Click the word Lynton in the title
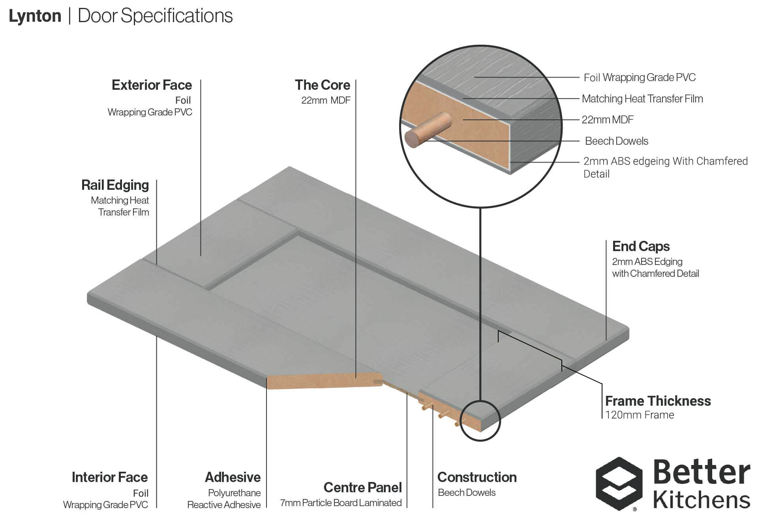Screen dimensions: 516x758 coord(35,16)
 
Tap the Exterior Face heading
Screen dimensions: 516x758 coord(152,85)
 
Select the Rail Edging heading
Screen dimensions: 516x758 coord(115,185)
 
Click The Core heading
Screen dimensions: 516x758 coord(322,85)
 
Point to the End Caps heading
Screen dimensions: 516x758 coord(641,246)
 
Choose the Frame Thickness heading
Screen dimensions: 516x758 coord(658,401)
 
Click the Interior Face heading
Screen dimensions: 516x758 coord(110,477)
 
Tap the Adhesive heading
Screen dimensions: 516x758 coord(233,477)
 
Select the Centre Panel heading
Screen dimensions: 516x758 coord(362,488)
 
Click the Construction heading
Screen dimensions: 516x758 coord(477,477)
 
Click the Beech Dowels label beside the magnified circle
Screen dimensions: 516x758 coord(617,141)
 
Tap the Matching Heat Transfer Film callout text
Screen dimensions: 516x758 coord(642,99)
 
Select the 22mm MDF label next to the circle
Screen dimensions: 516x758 coord(608,120)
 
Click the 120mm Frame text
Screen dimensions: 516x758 coord(640,415)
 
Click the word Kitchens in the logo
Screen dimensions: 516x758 coord(701,500)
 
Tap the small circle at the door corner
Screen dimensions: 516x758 coord(480,421)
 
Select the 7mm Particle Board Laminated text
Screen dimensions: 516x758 coord(341,503)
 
